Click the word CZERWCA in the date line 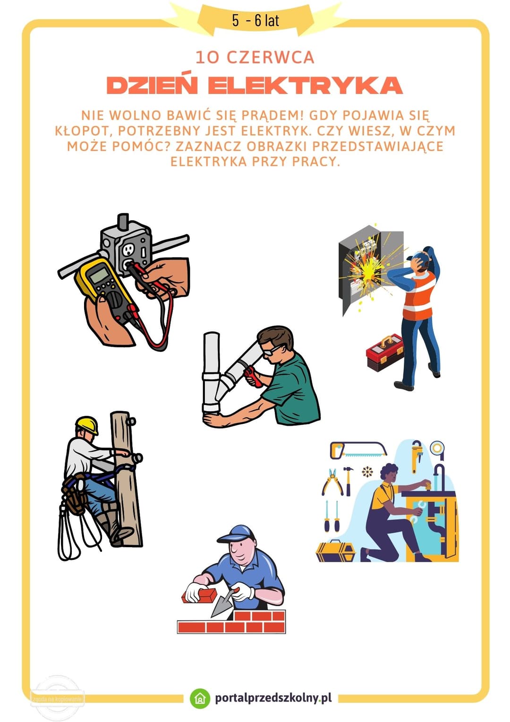[270, 58]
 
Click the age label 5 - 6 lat [255, 20]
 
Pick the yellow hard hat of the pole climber [87, 424]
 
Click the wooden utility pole [126, 477]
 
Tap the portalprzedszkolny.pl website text [273, 698]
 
